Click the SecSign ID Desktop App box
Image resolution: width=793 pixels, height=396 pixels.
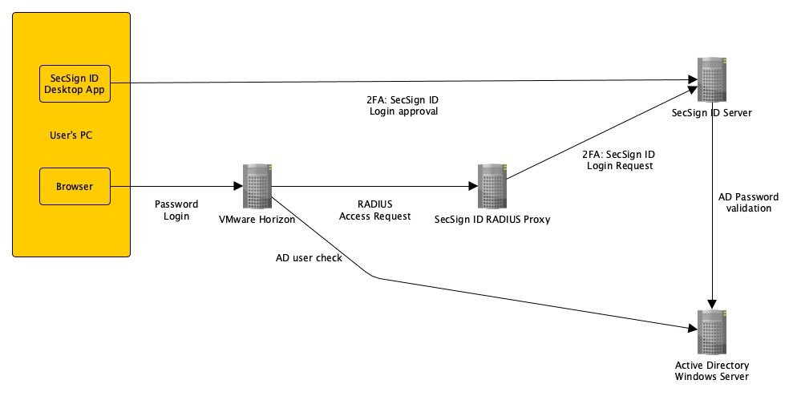click(75, 83)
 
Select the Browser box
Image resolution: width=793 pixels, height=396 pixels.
click(75, 187)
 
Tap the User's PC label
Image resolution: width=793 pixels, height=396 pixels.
click(71, 135)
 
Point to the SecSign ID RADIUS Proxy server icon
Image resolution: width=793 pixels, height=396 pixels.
click(492, 187)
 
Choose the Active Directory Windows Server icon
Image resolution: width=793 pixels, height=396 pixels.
click(712, 331)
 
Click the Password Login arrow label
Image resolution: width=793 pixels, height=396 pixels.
click(176, 210)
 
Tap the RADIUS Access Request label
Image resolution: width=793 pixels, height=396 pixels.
click(375, 210)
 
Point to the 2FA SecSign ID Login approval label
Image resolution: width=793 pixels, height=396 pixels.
click(402, 106)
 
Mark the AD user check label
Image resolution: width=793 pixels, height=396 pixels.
click(309, 258)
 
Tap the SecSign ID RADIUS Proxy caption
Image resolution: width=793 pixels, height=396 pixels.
click(492, 219)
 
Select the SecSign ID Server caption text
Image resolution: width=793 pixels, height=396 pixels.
click(712, 113)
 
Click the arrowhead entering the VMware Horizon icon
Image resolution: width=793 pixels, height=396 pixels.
click(239, 187)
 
